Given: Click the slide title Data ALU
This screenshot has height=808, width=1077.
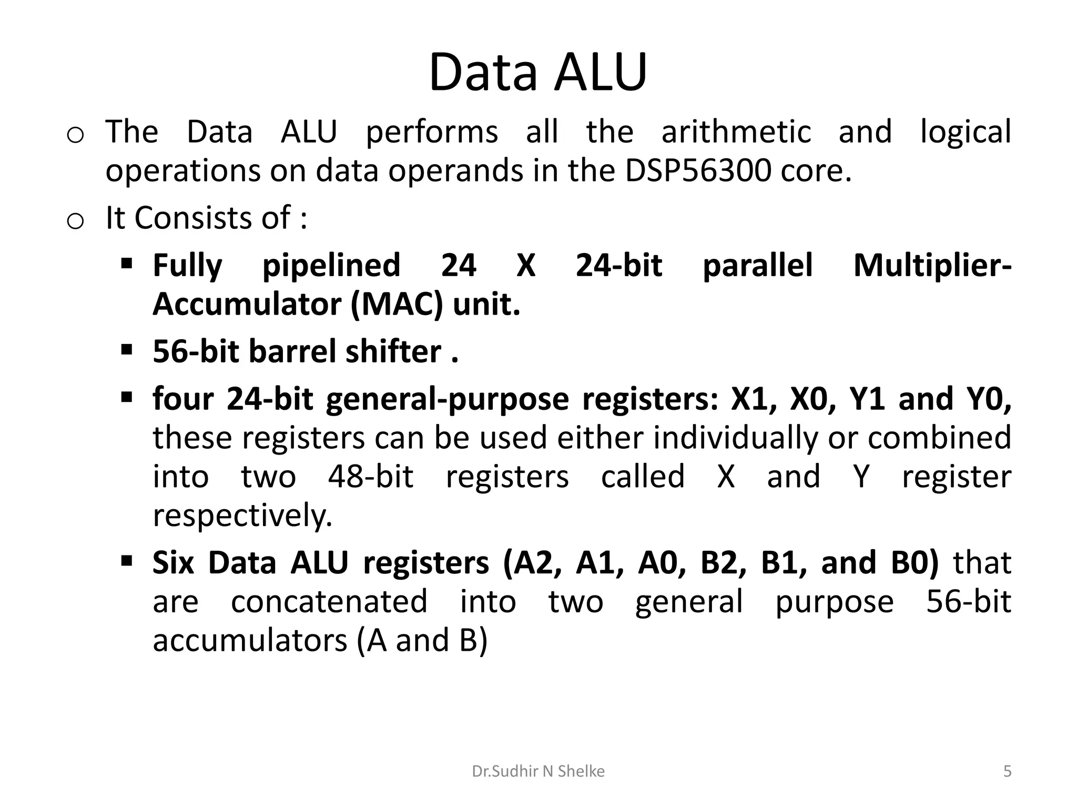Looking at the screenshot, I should coord(537,72).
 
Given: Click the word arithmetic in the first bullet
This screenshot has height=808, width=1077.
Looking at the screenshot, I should coord(736,132).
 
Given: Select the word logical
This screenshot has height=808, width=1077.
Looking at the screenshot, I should coord(966,132).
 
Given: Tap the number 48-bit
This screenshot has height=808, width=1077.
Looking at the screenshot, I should coord(371,477).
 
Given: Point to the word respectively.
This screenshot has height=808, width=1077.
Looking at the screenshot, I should coord(242,516).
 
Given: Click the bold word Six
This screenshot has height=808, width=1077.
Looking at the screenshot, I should coord(173,562).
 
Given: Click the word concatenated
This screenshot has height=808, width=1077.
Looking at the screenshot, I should coord(329,601).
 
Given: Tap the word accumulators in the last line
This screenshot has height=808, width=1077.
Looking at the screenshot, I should coord(250,640).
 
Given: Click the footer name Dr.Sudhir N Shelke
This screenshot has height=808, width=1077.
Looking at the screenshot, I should coord(538,771).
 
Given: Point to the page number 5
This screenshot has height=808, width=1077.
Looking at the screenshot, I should coord(1007,771).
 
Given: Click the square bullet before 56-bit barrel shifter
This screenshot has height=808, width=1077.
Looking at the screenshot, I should coord(126,349).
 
